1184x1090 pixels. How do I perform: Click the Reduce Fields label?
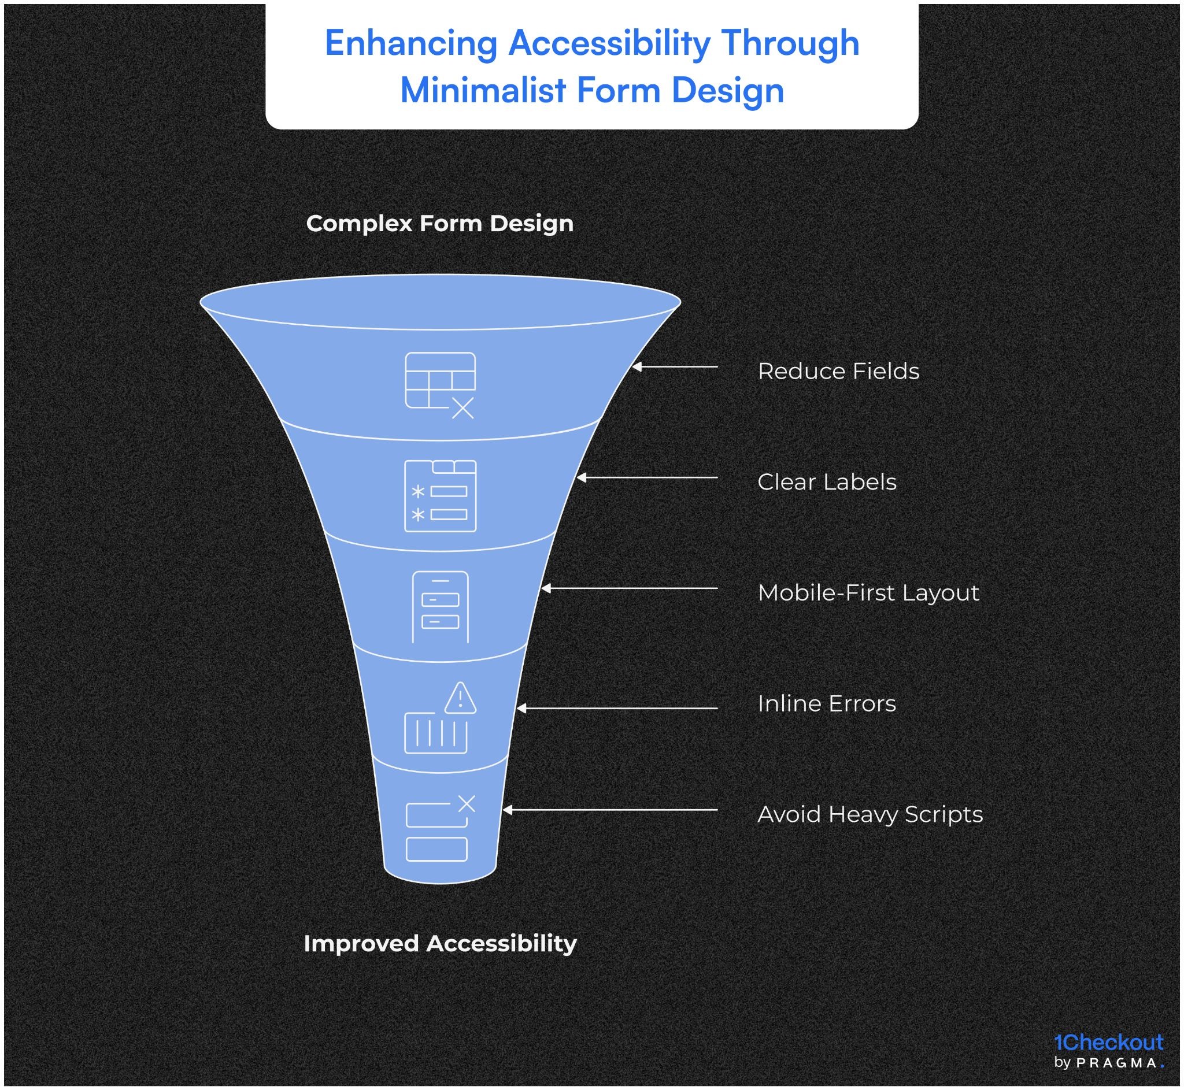[838, 371]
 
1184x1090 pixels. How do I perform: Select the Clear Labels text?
[826, 482]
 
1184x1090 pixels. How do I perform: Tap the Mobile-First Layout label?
[868, 593]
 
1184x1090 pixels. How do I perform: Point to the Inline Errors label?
[826, 704]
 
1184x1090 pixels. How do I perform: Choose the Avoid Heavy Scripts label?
[869, 814]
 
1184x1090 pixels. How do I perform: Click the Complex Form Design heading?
[439, 224]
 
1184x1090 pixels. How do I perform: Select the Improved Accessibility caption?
[439, 943]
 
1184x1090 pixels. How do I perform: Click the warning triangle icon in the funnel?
[460, 698]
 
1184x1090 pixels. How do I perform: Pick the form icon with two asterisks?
[440, 496]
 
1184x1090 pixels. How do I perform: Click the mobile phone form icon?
[440, 606]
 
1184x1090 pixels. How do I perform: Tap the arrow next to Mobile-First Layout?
[629, 589]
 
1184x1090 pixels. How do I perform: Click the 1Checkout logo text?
[1108, 1042]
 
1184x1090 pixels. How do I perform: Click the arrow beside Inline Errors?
[616, 709]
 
